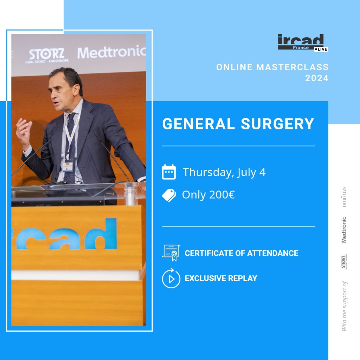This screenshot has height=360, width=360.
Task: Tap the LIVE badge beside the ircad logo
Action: (x=321, y=49)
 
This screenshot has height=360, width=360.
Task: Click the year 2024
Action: (x=317, y=78)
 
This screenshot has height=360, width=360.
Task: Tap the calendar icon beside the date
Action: (x=169, y=172)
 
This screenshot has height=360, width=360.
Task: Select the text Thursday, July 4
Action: (x=224, y=172)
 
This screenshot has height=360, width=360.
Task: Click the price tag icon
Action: (x=169, y=195)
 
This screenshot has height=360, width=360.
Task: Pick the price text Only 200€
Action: (x=208, y=195)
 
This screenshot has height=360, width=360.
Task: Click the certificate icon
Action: (x=171, y=253)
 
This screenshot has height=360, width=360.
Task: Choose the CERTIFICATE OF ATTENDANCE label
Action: (x=242, y=253)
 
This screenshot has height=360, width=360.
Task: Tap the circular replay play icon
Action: (x=171, y=278)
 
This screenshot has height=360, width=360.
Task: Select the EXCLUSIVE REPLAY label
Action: (x=221, y=278)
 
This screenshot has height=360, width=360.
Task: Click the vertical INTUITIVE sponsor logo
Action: (x=345, y=197)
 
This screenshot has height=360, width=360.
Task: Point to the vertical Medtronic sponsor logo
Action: (x=344, y=230)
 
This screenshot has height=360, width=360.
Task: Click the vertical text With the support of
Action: (x=344, y=306)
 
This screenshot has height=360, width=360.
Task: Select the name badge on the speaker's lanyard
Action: (x=67, y=165)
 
